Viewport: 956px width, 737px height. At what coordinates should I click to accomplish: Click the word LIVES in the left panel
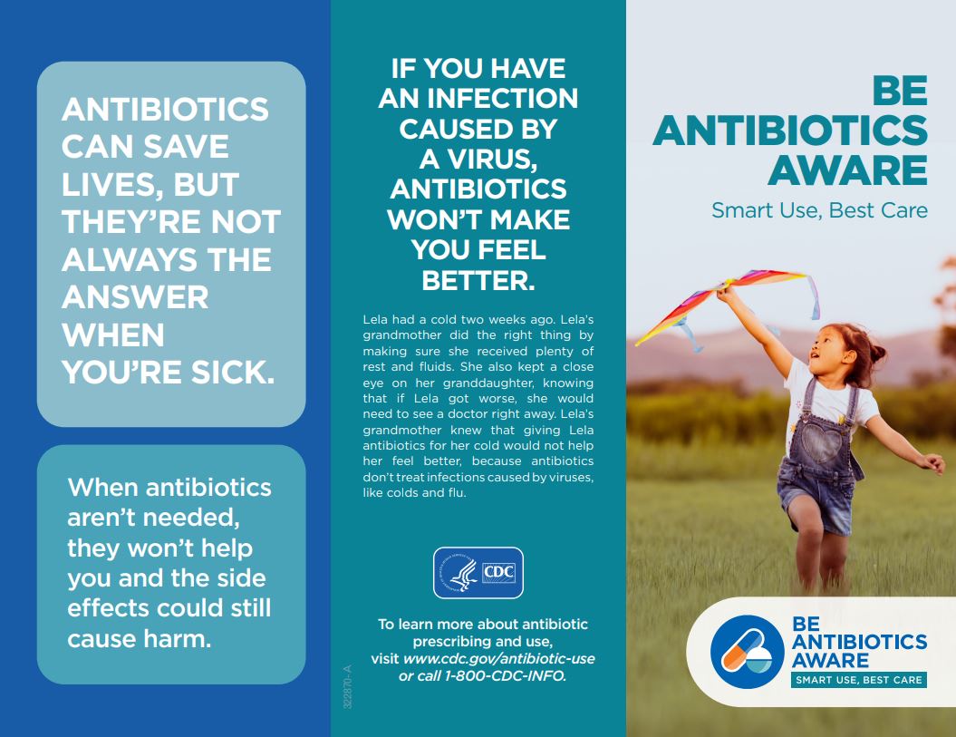click(106, 185)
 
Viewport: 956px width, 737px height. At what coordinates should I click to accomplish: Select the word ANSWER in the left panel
click(135, 297)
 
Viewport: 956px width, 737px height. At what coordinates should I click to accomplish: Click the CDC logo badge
click(478, 573)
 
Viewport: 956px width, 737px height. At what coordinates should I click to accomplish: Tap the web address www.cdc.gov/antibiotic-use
click(499, 659)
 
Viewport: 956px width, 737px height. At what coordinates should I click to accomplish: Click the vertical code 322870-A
click(345, 687)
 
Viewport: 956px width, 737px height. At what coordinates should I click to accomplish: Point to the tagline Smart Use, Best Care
click(819, 210)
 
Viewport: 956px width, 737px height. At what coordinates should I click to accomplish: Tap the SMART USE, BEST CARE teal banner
click(858, 680)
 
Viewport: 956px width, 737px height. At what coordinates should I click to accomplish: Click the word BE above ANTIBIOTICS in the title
click(900, 92)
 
